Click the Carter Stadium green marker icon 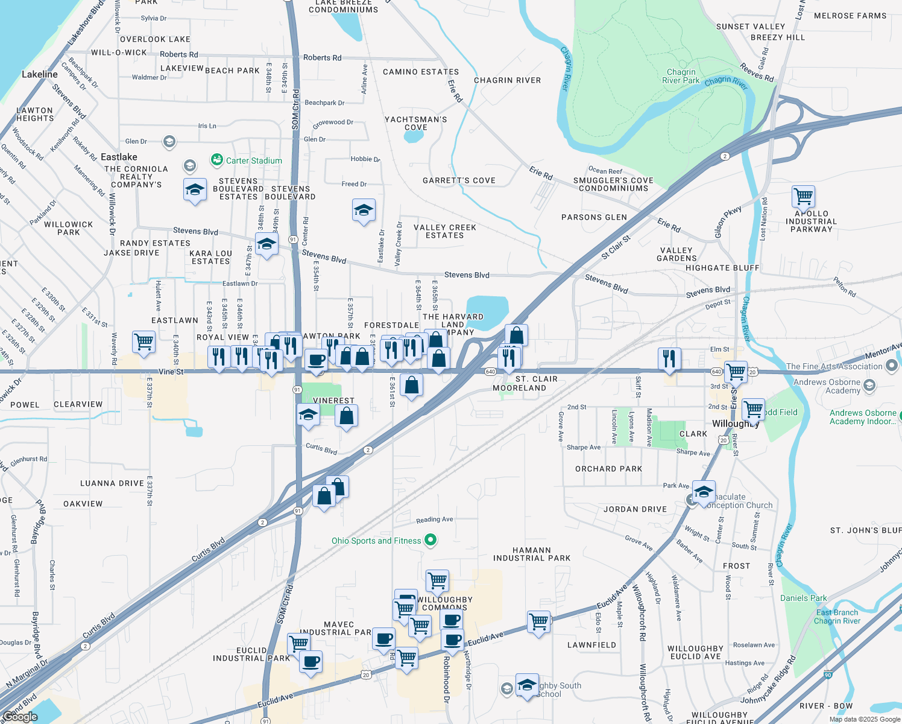tap(216, 160)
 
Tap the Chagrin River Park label tap(681, 76)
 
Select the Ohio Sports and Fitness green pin tap(430, 540)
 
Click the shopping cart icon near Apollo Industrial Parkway tap(803, 196)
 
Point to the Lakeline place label tap(40, 74)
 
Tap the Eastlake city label tap(119, 157)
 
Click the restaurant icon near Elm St tap(669, 358)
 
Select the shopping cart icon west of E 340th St tap(144, 341)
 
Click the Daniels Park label tap(803, 598)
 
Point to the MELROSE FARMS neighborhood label tap(850, 16)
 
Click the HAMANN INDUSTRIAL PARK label tap(531, 554)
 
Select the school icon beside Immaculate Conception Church tap(704, 492)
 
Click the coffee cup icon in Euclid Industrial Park tap(311, 661)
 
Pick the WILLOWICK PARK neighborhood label tap(69, 228)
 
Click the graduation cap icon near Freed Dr tap(364, 211)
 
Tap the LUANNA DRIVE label tap(112, 483)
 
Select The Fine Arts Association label tap(834, 366)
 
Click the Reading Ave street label tap(434, 519)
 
